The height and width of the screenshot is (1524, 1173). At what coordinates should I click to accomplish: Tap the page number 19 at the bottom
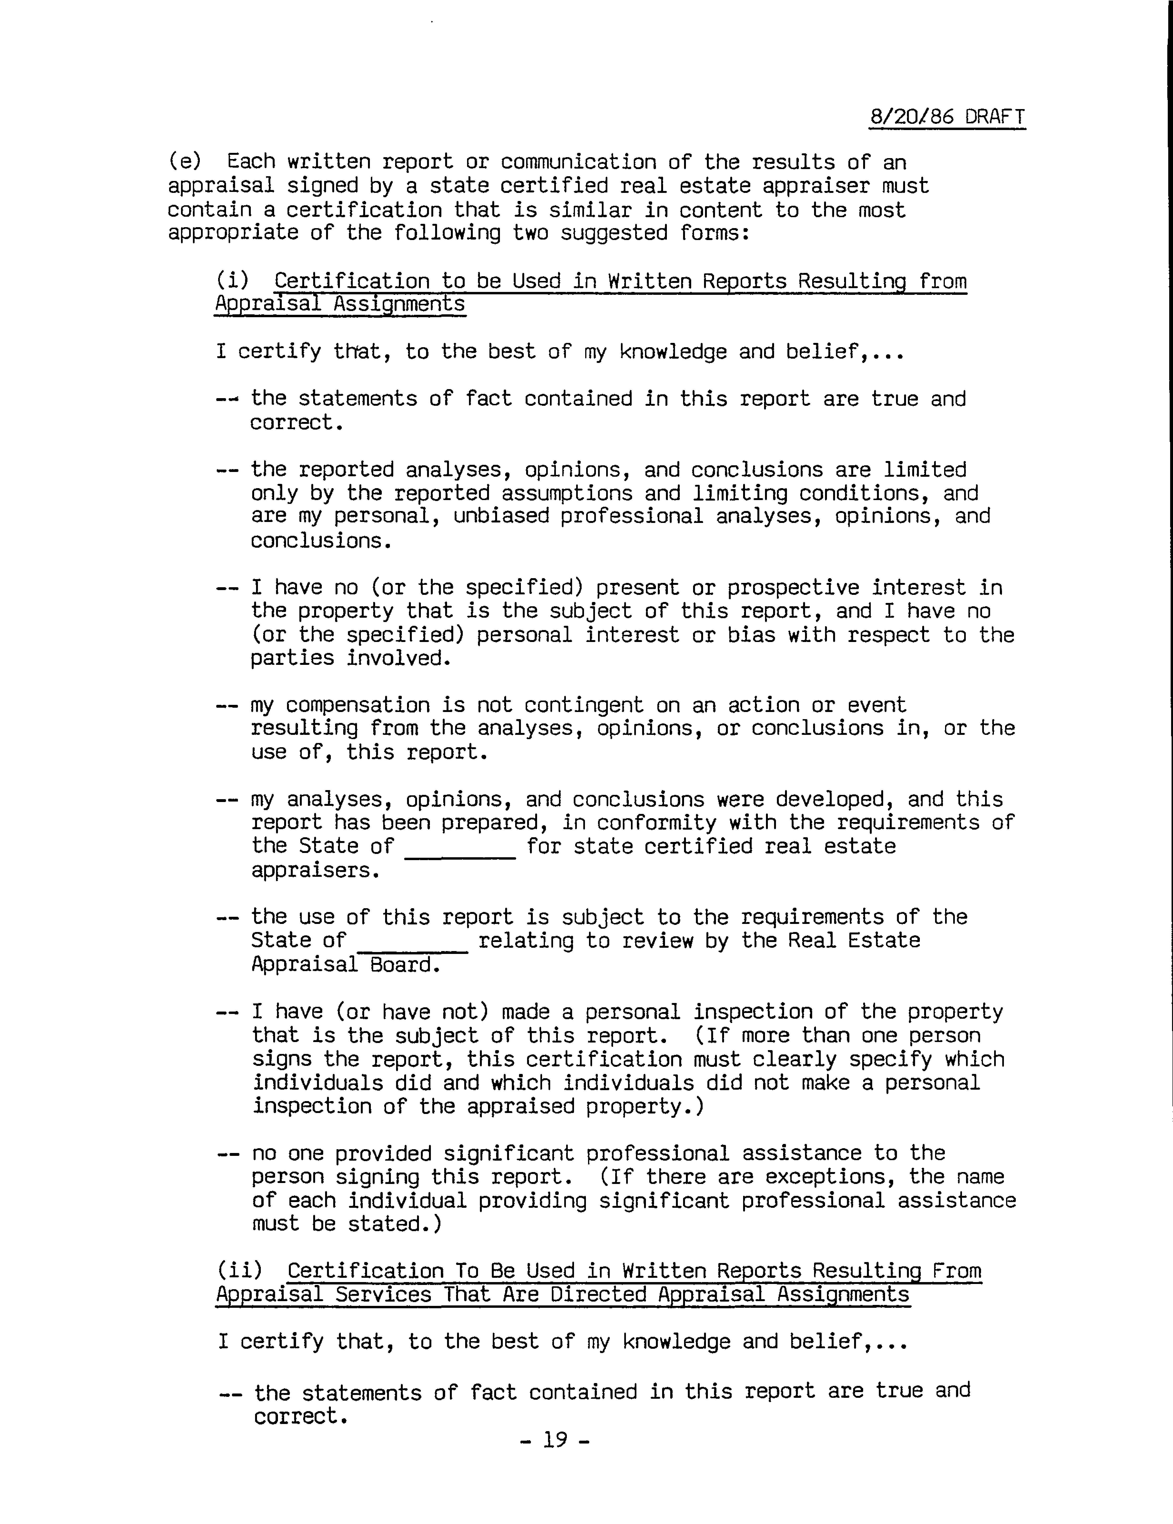pyautogui.click(x=555, y=1439)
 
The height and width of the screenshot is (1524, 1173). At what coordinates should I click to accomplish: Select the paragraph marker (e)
pyautogui.click(x=184, y=162)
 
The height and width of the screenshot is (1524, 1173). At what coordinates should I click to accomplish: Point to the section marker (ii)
pyautogui.click(x=239, y=1271)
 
